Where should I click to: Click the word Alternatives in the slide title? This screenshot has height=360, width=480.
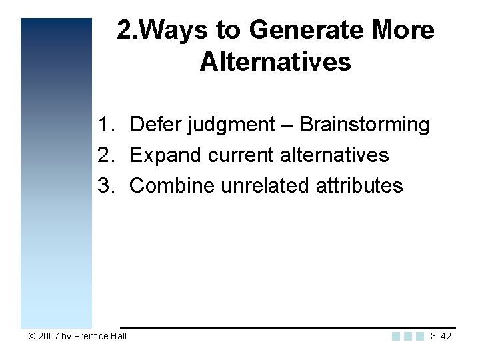coord(275,62)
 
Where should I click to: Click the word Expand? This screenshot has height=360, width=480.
coord(166,155)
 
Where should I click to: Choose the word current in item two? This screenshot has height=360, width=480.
coord(241,155)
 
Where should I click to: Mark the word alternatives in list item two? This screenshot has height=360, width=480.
coord(334,155)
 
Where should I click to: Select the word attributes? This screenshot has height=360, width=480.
coord(359,185)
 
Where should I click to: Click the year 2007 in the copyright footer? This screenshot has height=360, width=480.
coord(49,337)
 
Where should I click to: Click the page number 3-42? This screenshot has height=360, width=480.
coord(441,337)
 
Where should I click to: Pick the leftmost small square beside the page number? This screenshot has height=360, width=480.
coord(396,337)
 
